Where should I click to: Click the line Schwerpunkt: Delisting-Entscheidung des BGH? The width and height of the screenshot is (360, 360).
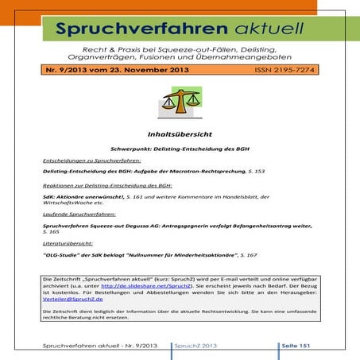click(180, 149)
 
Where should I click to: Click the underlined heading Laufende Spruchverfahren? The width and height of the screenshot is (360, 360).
click(79, 215)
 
